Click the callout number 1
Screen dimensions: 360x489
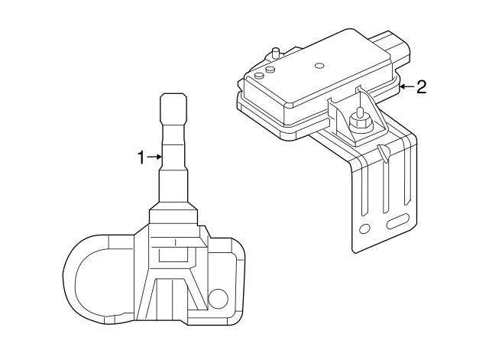[x=141, y=157]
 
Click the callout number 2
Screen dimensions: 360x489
[x=420, y=86]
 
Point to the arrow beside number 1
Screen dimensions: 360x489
[x=154, y=157]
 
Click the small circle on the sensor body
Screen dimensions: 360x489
[x=218, y=299]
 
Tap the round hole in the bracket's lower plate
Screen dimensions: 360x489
[x=364, y=228]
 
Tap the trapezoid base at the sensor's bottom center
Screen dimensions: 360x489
[x=172, y=298]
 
